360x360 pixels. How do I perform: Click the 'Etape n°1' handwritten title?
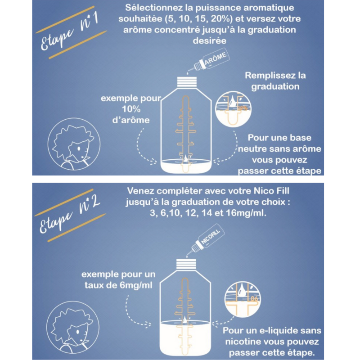coord(70,31)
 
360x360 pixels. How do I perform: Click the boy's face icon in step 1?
coord(74,144)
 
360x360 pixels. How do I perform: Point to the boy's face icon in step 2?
coord(73,328)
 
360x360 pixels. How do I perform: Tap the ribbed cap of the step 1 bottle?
coord(187,82)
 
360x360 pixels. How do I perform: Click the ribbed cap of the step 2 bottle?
coord(186,264)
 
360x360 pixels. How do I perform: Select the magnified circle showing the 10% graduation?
coord(233,109)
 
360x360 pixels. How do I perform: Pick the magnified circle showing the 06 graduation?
coord(243,299)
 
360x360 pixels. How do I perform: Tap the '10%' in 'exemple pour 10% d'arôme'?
coord(131,109)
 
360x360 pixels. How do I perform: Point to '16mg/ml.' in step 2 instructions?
coord(246,213)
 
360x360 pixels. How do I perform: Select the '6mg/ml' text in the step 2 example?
coord(136,285)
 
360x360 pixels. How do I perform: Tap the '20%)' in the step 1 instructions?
coord(222,18)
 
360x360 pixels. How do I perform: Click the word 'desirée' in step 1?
coord(210,40)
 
